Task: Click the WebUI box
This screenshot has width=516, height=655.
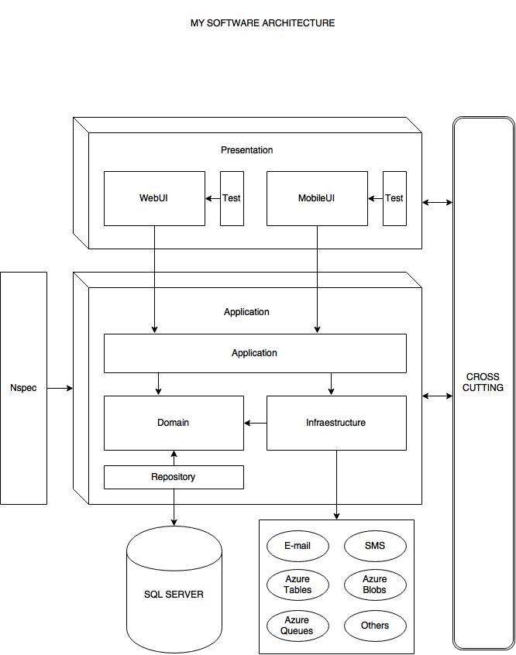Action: [x=154, y=198]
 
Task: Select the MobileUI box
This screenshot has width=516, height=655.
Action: [x=317, y=198]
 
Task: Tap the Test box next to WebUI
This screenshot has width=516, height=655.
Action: [x=232, y=198]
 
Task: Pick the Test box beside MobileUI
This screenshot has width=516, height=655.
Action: [x=394, y=198]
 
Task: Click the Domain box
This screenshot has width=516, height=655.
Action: [x=174, y=423]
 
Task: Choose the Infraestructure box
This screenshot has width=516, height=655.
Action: [x=336, y=423]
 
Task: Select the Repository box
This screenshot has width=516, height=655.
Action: [x=174, y=477]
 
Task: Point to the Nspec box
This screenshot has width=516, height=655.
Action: [x=23, y=387]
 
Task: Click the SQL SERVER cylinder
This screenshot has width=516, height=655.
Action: [x=174, y=594]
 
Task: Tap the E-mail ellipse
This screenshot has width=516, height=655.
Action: [x=298, y=546]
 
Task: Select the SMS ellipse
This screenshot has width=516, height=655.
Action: [x=375, y=546]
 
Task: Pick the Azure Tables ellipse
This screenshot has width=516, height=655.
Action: [x=298, y=585]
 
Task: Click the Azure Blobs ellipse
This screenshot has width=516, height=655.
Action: [x=375, y=585]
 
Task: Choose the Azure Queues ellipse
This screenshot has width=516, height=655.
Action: [x=298, y=626]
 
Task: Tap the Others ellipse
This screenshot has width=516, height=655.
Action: [x=375, y=626]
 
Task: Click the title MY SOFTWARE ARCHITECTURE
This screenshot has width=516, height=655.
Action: [x=263, y=23]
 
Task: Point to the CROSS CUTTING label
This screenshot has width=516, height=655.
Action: [x=483, y=382]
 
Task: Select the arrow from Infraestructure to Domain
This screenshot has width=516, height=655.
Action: [x=256, y=423]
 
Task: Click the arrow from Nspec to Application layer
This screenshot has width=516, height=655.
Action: [x=60, y=388]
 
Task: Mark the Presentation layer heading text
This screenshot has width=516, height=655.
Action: [x=246, y=150]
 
